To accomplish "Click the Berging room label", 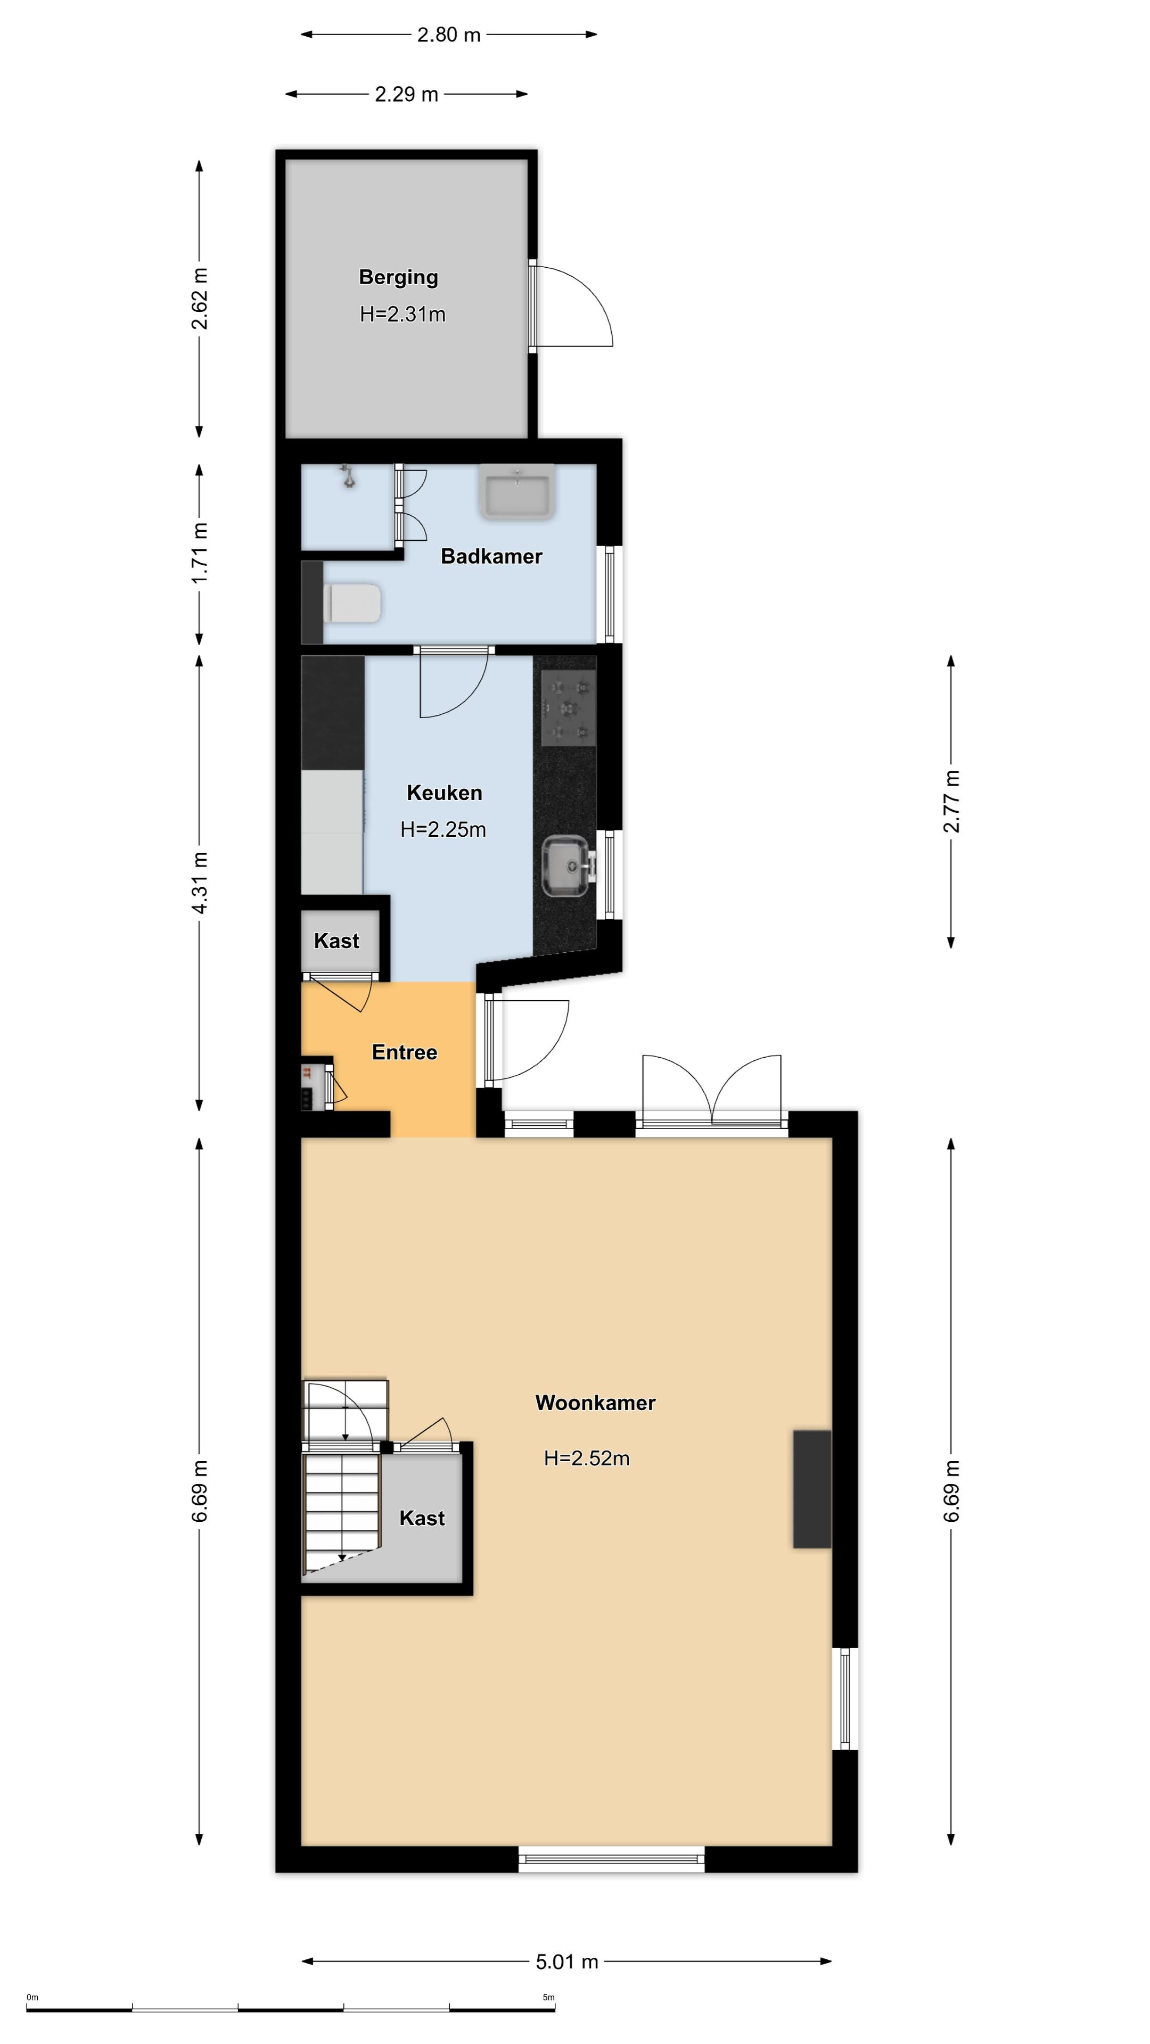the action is pyautogui.click(x=398, y=277).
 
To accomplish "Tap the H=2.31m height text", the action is pyautogui.click(x=402, y=314).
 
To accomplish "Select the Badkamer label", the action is pyautogui.click(x=491, y=556).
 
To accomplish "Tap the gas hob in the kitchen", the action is pyautogui.click(x=568, y=708).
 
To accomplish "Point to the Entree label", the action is pyautogui.click(x=405, y=1052).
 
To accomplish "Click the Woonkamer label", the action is pyautogui.click(x=595, y=1403).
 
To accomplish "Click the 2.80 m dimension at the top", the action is pyautogui.click(x=449, y=34).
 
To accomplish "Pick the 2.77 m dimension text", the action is pyautogui.click(x=951, y=802).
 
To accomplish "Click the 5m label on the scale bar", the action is pyautogui.click(x=548, y=1997).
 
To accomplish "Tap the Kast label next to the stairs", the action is pyautogui.click(x=422, y=1518).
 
